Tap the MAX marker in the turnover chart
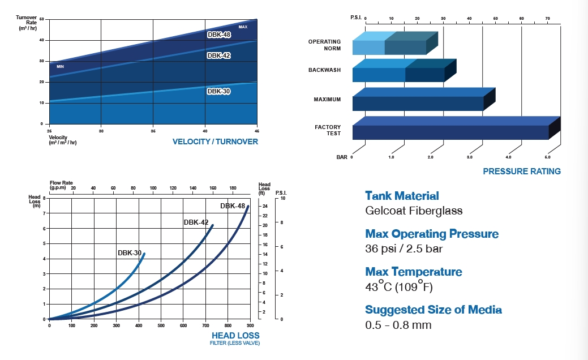243,27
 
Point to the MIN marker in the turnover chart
60,67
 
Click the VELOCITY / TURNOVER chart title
215,142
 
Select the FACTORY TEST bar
450,131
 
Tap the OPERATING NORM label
324,45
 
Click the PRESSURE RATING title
521,171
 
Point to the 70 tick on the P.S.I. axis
547,19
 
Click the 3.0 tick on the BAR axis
469,157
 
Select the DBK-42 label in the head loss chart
196,222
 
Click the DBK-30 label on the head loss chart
130,252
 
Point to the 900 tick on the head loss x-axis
250,325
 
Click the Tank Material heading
402,196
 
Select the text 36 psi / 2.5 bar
404,248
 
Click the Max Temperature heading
413,272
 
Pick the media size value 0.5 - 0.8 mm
398,325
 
